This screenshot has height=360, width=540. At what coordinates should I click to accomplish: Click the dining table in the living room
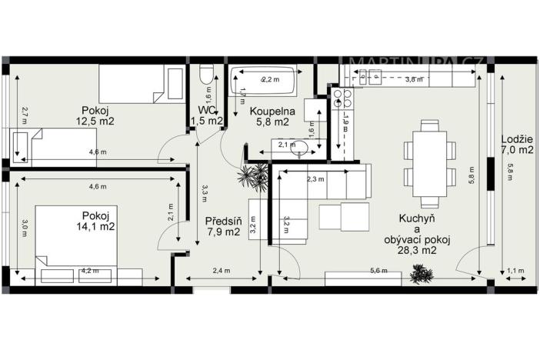[428, 164]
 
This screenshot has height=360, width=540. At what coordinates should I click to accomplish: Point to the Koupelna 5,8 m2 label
[269, 115]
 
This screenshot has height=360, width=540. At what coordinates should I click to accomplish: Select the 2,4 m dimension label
[222, 271]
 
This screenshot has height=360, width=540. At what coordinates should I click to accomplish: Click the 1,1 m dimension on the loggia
[515, 271]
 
